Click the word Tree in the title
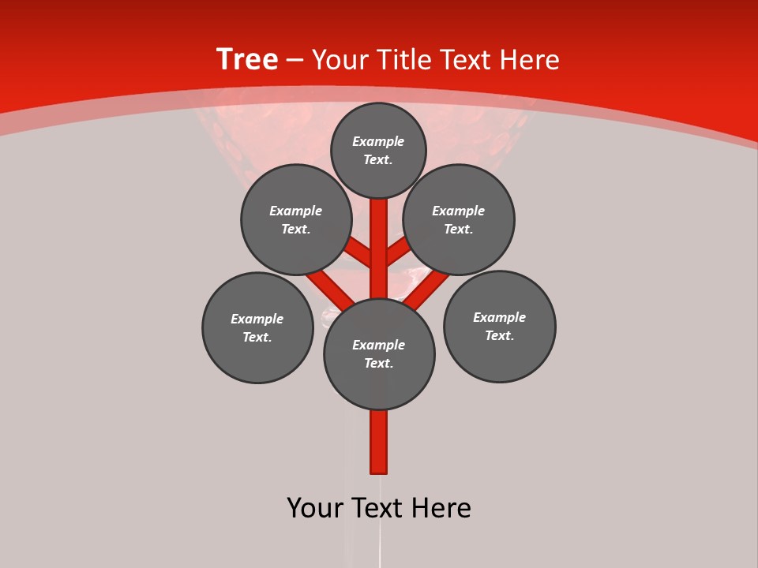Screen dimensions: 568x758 coord(247,60)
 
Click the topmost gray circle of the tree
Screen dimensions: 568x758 coord(378,151)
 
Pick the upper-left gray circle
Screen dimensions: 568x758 coord(296,220)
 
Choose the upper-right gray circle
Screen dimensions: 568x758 coord(459,220)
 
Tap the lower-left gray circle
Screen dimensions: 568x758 coord(257,328)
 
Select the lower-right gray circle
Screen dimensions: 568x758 coord(500,327)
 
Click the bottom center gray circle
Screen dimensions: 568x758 coord(379,354)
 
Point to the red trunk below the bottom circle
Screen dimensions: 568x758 coord(379,442)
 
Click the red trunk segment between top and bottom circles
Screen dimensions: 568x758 coord(379,248)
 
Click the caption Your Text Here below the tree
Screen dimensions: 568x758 coord(379,508)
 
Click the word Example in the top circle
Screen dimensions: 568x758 coord(378,142)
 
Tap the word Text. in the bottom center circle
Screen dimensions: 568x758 coord(379,364)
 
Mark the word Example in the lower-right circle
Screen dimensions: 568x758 coord(499,317)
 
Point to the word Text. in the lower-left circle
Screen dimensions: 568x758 coord(257,338)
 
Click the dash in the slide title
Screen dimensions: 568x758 coord(295,61)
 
